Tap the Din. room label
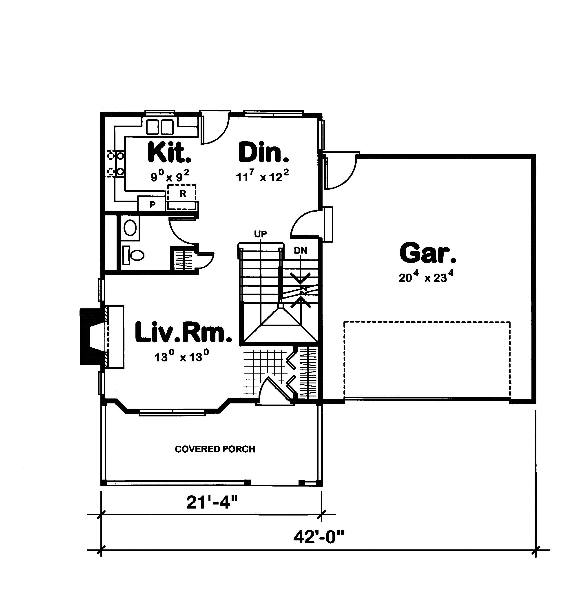click(264, 153)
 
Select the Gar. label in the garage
click(428, 253)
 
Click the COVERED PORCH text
click(215, 449)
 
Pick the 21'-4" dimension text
click(212, 502)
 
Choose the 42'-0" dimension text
click(319, 537)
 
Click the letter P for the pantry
click(153, 205)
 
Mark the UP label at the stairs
click(260, 234)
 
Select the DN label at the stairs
click(301, 250)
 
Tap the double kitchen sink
click(160, 127)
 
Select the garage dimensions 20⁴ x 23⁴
click(426, 277)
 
